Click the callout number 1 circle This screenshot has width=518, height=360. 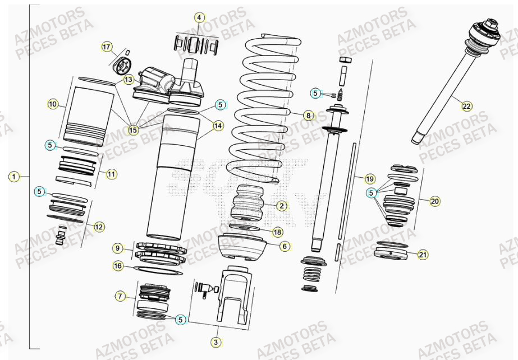[x=13, y=177]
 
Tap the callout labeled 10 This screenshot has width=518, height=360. [x=53, y=104]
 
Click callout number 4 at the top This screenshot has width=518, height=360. [x=199, y=18]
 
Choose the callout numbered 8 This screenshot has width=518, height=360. [x=308, y=116]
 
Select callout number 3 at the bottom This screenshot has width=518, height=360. [x=215, y=341]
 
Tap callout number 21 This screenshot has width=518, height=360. [x=423, y=255]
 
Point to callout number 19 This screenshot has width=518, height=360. [x=369, y=179]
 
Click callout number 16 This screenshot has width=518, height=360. [x=117, y=266]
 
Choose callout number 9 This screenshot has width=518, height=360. [x=117, y=248]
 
